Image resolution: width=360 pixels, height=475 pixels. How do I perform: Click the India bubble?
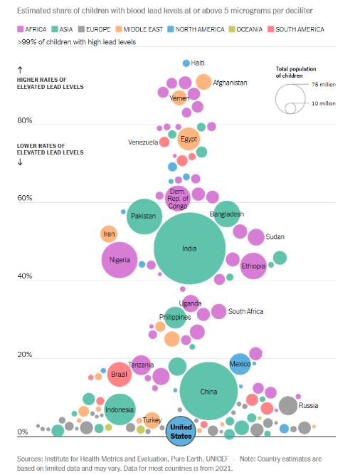189,249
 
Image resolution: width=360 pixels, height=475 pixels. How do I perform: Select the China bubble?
208,391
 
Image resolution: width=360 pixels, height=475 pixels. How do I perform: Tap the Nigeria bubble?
120,260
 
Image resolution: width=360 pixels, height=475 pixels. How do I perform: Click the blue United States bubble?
181,432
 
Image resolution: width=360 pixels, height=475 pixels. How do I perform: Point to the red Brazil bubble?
119,374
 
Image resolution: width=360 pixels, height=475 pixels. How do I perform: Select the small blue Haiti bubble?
186,63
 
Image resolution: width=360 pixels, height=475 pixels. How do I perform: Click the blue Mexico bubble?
240,364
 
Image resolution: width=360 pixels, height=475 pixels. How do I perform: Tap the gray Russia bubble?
288,406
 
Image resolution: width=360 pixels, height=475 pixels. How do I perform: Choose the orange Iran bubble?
109,234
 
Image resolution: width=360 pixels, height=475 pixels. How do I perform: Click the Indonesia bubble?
120,409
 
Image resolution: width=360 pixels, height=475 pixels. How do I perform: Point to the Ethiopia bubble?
253,266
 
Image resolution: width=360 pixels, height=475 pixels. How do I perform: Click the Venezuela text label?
143,142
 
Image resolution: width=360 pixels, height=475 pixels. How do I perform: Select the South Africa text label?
246,311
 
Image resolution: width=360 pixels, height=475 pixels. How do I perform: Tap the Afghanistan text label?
230,83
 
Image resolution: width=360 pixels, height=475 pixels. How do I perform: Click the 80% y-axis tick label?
25,121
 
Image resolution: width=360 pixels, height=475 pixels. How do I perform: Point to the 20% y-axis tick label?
25,355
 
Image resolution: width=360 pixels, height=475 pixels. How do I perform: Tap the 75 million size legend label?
323,85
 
